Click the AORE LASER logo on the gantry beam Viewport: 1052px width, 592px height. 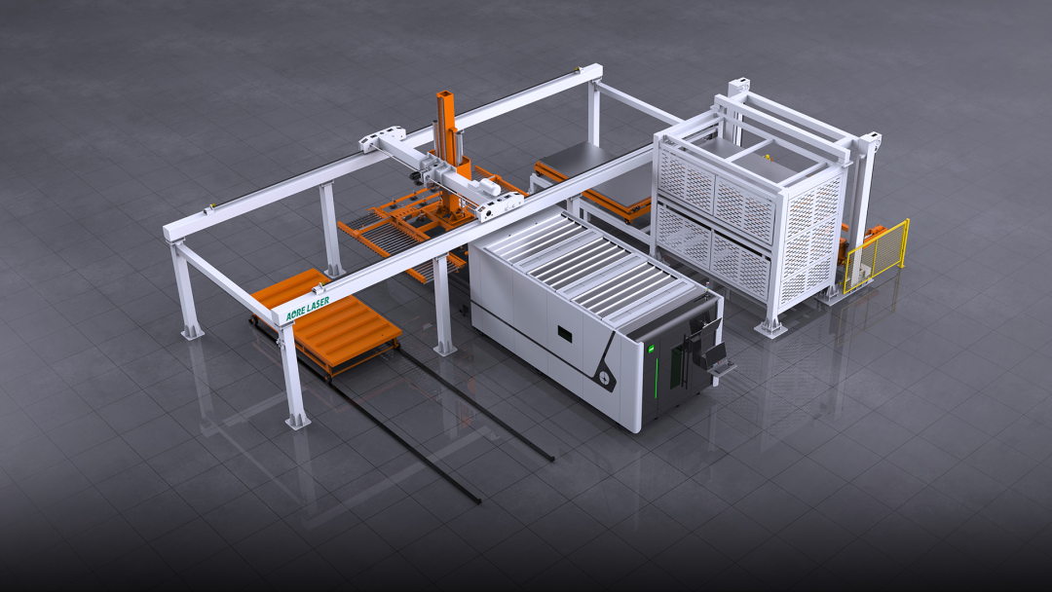[307, 309]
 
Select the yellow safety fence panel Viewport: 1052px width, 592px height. [877, 255]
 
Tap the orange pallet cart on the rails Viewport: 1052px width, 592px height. [326, 323]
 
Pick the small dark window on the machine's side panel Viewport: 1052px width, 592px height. [565, 333]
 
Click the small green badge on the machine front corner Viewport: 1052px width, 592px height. [650, 348]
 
